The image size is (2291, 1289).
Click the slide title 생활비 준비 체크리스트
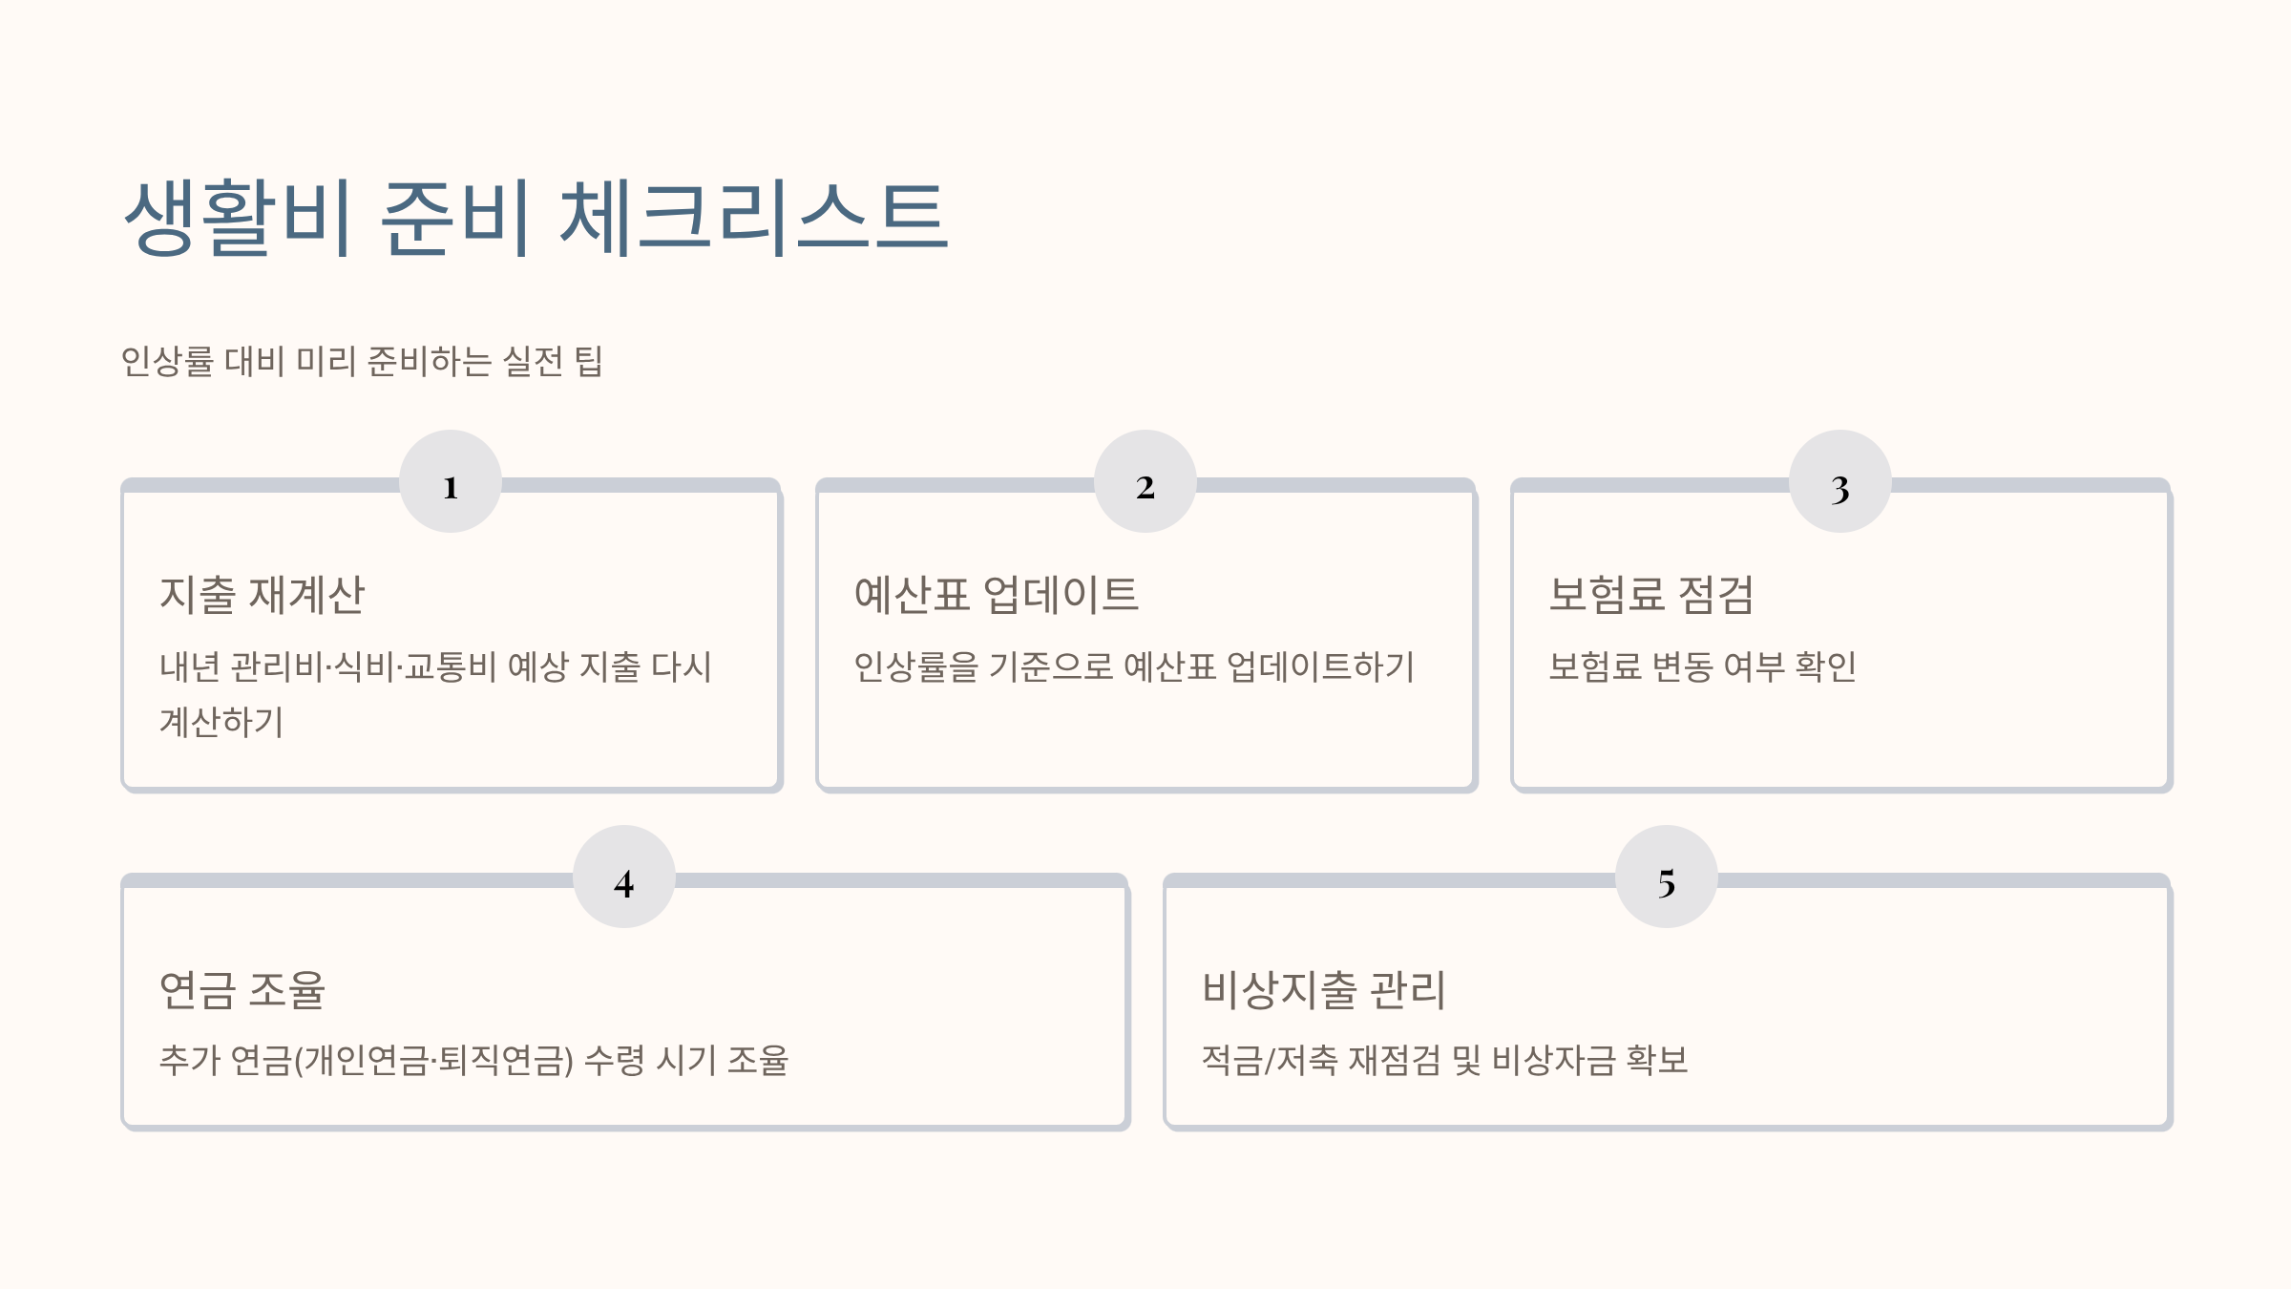[x=536, y=218]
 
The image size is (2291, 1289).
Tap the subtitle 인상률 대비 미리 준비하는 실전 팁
[x=361, y=361]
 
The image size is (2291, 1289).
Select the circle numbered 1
[x=451, y=481]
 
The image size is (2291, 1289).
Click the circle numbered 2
[x=1145, y=481]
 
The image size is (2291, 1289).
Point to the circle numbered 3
[x=1840, y=481]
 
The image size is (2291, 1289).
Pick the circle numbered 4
[x=624, y=877]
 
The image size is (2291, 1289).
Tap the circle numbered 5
[x=1667, y=877]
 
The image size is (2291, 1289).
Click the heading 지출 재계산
[x=262, y=594]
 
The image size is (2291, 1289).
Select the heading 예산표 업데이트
[x=996, y=594]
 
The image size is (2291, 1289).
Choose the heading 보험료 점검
[x=1650, y=594]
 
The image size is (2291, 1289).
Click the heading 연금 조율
[x=242, y=989]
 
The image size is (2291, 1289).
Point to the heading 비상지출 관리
[x=1323, y=989]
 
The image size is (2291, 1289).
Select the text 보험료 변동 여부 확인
[x=1702, y=666]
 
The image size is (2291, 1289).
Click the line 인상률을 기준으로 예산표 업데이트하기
[x=1133, y=666]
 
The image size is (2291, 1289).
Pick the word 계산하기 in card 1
[x=221, y=722]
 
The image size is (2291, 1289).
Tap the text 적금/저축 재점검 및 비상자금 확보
[x=1444, y=1060]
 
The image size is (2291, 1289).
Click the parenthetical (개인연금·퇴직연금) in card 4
[x=434, y=1060]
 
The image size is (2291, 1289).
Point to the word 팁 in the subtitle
[x=588, y=361]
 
